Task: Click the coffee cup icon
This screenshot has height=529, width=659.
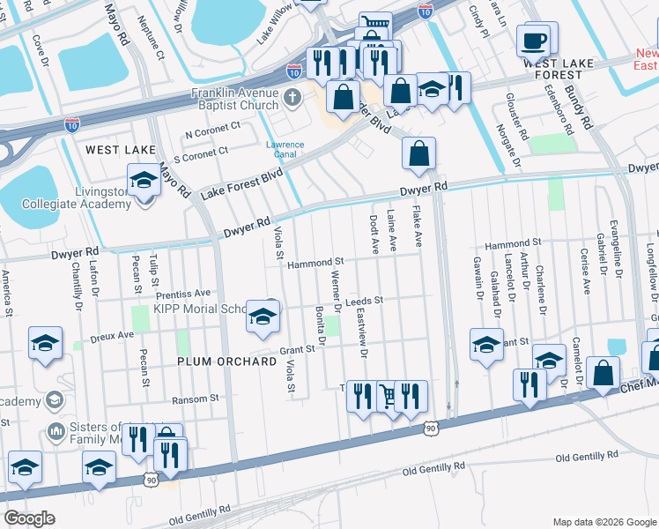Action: pyautogui.click(x=534, y=41)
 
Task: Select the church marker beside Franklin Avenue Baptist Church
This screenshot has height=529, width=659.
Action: pyautogui.click(x=294, y=98)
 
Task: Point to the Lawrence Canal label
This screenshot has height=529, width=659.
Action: pyautogui.click(x=285, y=150)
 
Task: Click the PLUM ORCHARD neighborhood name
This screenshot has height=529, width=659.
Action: pyautogui.click(x=220, y=361)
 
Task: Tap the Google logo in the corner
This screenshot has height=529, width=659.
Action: pyautogui.click(x=30, y=518)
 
